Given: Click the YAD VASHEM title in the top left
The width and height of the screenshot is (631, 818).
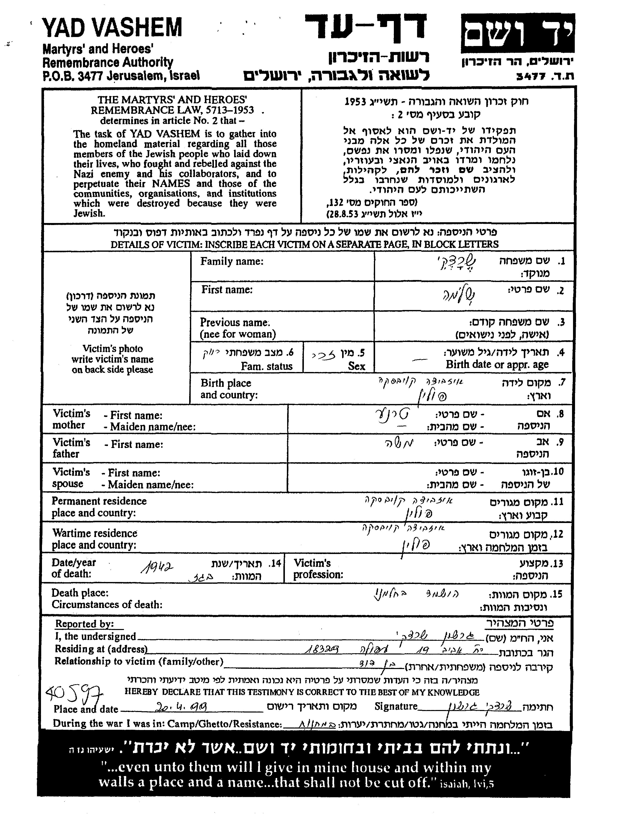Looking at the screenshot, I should pyautogui.click(x=112, y=28).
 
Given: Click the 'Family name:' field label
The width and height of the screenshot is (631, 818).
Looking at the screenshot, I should pyautogui.click(x=232, y=261).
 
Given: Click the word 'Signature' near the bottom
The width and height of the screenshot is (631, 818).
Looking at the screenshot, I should pyautogui.click(x=396, y=706).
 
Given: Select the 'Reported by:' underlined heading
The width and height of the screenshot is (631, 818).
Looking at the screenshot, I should pyautogui.click(x=84, y=624).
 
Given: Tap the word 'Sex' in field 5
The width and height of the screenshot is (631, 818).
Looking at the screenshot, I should pyautogui.click(x=357, y=366).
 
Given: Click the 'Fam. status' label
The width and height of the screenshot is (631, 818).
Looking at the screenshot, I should pyautogui.click(x=267, y=366).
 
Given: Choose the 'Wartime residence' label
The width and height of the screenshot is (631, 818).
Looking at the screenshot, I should pyautogui.click(x=95, y=533).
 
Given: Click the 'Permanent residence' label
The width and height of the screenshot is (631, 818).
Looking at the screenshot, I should pyautogui.click(x=99, y=501).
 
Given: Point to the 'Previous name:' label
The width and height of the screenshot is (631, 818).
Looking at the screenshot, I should pyautogui.click(x=235, y=322).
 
